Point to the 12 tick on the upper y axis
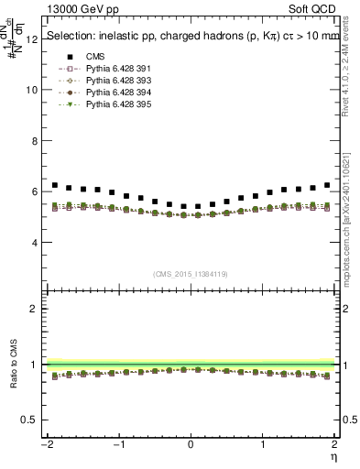pos(34,39)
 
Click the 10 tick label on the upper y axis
pos(34,91)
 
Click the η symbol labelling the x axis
pos(333,455)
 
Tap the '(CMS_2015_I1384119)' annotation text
pos(191,274)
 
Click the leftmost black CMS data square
pos(55,185)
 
